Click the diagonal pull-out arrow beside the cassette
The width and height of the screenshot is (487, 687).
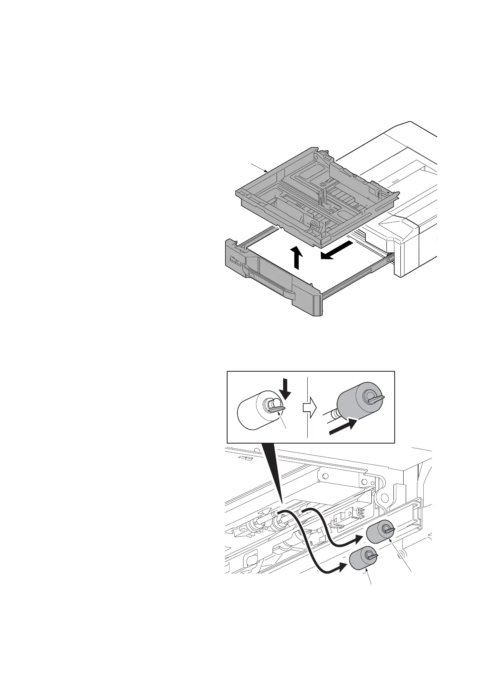click(336, 250)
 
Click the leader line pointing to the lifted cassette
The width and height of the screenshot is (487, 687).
click(259, 167)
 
